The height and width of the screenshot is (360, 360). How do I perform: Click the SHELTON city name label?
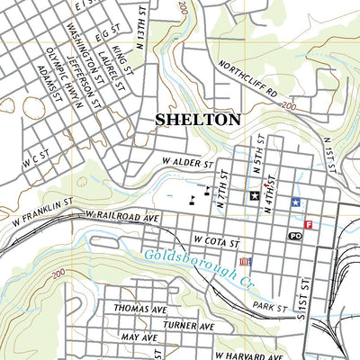[198, 119]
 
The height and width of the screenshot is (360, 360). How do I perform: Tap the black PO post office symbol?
[294, 236]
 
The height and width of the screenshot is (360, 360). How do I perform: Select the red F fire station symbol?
[310, 225]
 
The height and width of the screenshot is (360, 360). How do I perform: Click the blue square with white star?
[295, 202]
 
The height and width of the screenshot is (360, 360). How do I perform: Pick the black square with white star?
[254, 194]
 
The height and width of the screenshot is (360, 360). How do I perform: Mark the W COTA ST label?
[217, 242]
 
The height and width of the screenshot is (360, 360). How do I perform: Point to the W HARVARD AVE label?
[241, 355]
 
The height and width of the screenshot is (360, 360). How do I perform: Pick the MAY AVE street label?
[139, 337]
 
